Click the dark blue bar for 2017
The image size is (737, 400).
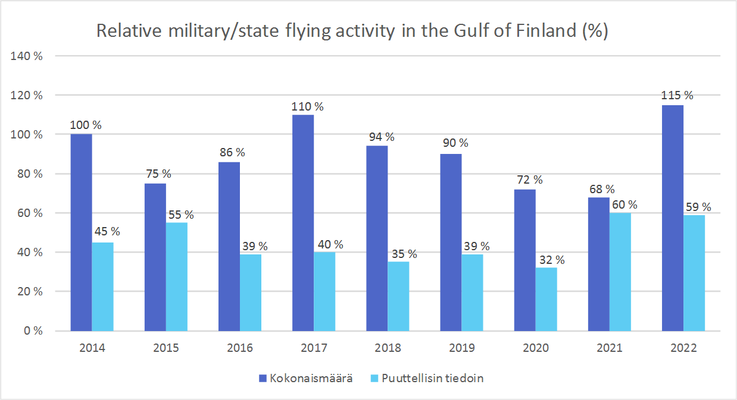point(303,223)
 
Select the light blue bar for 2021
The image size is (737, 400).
point(620,272)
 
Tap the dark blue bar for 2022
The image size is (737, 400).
point(673,218)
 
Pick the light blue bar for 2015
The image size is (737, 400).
point(177,276)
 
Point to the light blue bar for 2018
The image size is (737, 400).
point(398,296)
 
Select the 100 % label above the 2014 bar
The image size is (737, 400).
point(86,125)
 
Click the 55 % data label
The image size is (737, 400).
point(180,214)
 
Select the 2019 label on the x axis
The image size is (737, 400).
point(461,348)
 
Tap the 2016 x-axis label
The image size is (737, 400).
point(239,348)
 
